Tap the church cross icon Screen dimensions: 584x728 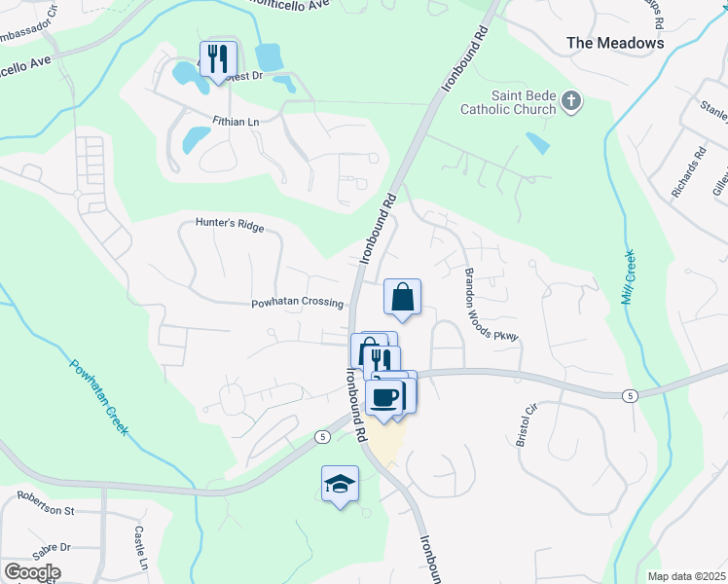coord(572,100)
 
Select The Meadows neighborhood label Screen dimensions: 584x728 coord(616,43)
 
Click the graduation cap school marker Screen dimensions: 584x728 coord(341,484)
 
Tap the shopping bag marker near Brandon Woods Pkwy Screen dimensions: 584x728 coord(403,297)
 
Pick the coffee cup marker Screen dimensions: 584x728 coord(386,398)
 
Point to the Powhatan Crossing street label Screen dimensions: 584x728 coord(298,303)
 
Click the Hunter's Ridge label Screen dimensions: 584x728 coord(230,225)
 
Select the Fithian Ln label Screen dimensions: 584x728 coord(237,122)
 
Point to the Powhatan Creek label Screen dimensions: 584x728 coord(101,397)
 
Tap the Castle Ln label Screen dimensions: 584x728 coord(140,549)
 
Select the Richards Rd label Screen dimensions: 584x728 coord(687,173)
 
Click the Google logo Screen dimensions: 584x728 coord(32,572)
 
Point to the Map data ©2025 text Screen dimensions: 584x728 coord(686,576)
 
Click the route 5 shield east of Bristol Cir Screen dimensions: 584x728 coord(631,394)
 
